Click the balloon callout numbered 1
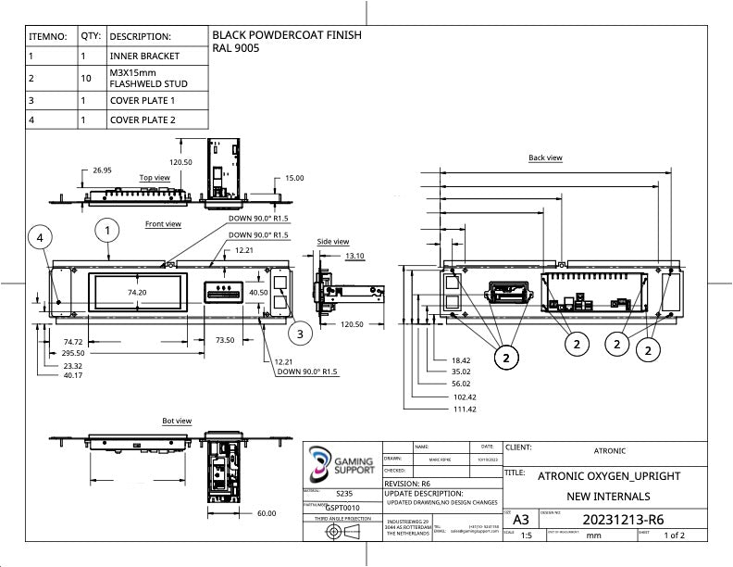point(107,229)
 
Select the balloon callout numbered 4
point(40,238)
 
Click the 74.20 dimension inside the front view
point(137,292)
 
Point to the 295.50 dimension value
point(74,353)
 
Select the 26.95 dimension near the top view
point(102,170)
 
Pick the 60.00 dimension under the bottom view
point(266,512)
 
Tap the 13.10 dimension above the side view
point(354,255)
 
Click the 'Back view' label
point(545,157)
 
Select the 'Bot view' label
point(177,421)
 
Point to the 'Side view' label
point(333,242)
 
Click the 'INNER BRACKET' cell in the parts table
point(144,56)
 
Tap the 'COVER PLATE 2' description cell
point(143,120)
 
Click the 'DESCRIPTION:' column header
point(141,36)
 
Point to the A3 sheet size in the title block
point(521,519)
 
